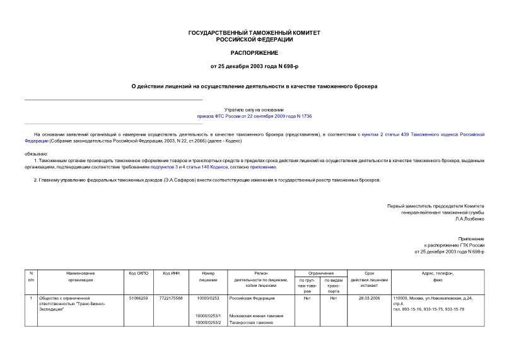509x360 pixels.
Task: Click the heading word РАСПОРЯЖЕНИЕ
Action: pos(254,52)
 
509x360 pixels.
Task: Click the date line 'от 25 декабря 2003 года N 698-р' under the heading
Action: pos(254,66)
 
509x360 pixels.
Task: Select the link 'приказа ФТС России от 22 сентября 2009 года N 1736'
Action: pos(254,117)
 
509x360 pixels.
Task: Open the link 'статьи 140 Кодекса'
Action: pos(198,167)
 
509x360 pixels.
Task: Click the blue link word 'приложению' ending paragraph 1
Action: pos(263,167)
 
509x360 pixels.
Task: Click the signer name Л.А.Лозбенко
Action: pos(469,219)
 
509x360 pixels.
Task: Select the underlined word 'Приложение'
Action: pos(471,239)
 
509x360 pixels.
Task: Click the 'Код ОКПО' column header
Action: pos(138,273)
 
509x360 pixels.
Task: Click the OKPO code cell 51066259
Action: pos(138,298)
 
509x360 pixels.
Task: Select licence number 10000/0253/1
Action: pos(208,315)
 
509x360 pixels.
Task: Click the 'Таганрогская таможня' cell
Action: pos(251,322)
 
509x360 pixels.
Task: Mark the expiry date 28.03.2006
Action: pos(369,298)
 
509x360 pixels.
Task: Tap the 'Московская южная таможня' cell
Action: pos(255,315)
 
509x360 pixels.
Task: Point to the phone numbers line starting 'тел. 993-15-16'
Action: pos(428,309)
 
